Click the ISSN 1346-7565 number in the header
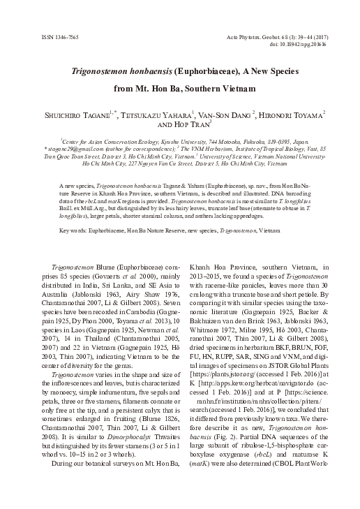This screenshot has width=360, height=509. [50, 36]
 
